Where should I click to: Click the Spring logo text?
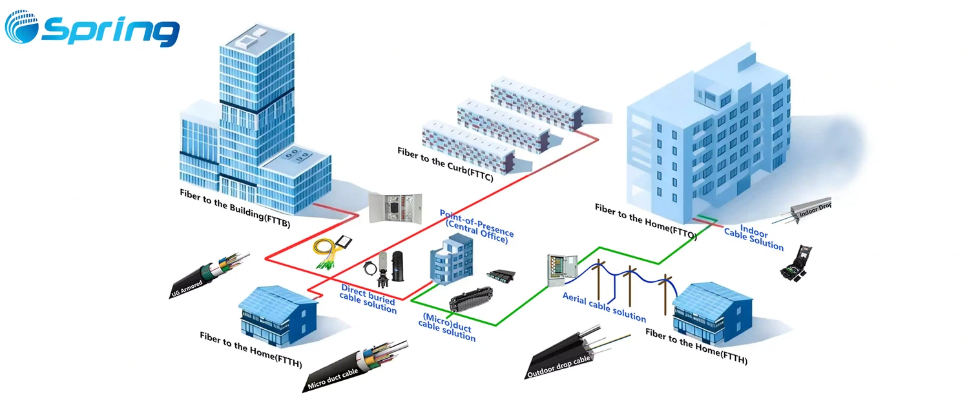[110, 30]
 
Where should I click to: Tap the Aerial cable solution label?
[604, 307]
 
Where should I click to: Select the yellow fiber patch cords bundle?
[331, 252]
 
